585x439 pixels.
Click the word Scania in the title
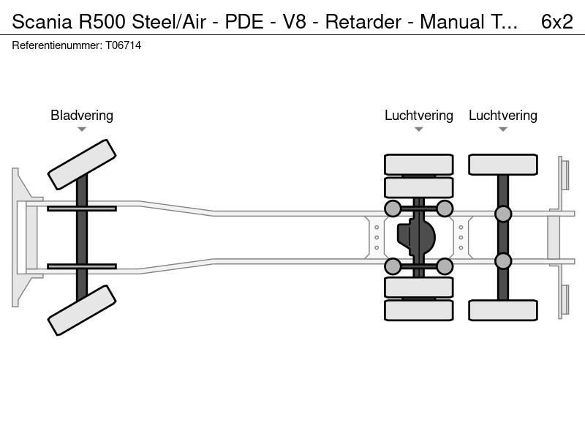point(42,22)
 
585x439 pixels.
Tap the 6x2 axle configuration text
point(557,22)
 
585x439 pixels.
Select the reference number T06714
point(124,45)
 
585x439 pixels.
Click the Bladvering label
point(82,116)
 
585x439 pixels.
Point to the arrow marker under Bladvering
point(82,130)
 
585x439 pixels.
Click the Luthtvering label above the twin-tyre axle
point(418,116)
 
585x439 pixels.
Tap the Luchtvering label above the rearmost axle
point(503,116)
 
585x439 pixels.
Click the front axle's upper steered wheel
point(82,165)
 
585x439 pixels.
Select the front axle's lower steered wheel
point(82,310)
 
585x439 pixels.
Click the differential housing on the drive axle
point(416,237)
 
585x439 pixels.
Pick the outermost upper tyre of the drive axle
point(418,164)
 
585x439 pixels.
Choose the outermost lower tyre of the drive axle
point(418,310)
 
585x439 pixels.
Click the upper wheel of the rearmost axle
point(503,164)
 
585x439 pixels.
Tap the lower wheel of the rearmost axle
point(503,310)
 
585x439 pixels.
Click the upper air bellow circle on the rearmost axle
point(503,214)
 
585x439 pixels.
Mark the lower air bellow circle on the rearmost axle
point(503,261)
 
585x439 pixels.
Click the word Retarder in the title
point(363,22)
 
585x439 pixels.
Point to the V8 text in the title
point(295,22)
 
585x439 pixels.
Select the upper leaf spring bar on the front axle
point(82,209)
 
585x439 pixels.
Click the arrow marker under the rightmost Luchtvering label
point(503,130)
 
